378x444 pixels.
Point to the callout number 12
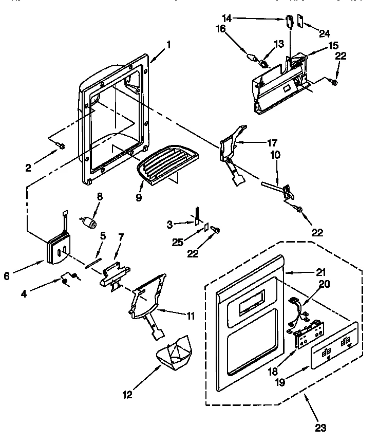(127, 394)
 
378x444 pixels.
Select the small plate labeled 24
(300, 24)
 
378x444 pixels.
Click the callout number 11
(190, 316)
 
